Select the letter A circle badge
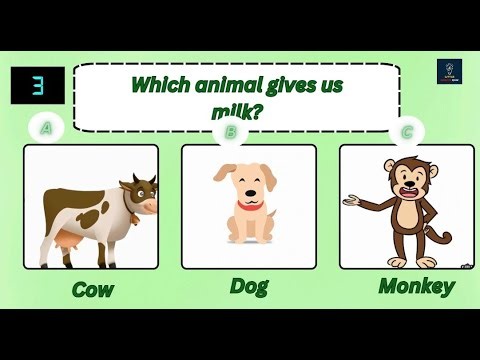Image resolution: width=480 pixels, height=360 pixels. tap(44, 128)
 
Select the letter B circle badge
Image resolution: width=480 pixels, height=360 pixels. tap(231, 130)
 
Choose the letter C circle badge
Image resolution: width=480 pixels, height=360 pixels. tap(407, 130)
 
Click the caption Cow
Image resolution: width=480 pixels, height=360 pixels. tap(92, 290)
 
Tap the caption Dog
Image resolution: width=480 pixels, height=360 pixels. tap(249, 286)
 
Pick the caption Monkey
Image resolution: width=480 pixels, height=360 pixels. tap(416, 286)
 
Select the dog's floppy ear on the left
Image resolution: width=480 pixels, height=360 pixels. tap(222, 180)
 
